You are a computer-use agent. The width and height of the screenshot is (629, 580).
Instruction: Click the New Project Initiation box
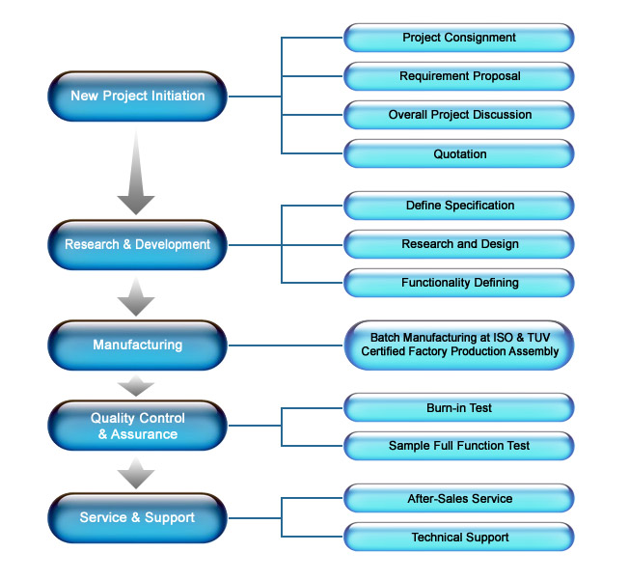tap(138, 97)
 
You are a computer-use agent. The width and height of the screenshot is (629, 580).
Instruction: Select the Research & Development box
tap(138, 245)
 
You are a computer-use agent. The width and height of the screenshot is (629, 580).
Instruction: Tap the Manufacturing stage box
tap(138, 345)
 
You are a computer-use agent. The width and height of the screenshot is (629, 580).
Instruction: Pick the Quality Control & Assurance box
tap(138, 426)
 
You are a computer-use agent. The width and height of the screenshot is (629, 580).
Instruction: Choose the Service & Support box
tap(138, 518)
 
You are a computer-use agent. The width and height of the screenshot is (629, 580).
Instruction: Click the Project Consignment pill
tap(459, 38)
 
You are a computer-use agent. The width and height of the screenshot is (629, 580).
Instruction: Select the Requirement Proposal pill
tap(459, 76)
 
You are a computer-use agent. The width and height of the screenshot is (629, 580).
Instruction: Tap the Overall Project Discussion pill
tap(459, 115)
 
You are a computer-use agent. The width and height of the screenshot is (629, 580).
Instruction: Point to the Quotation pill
tap(459, 153)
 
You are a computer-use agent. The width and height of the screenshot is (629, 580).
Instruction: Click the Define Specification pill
tap(459, 206)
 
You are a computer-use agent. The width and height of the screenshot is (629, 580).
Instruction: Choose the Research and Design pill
tap(459, 244)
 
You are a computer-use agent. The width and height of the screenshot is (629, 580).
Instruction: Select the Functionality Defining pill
tap(459, 283)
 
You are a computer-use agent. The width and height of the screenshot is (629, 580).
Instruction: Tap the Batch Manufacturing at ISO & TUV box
tap(459, 345)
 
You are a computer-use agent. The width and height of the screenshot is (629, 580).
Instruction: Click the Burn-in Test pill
tap(459, 408)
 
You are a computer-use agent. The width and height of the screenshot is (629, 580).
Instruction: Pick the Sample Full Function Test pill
tap(459, 446)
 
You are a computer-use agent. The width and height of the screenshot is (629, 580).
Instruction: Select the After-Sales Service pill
tap(459, 499)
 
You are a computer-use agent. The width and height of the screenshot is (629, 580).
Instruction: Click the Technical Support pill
tap(459, 537)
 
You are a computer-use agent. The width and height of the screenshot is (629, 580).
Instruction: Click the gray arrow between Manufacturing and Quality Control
tap(136, 386)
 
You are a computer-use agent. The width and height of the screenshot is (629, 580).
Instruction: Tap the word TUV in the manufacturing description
tap(538, 338)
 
